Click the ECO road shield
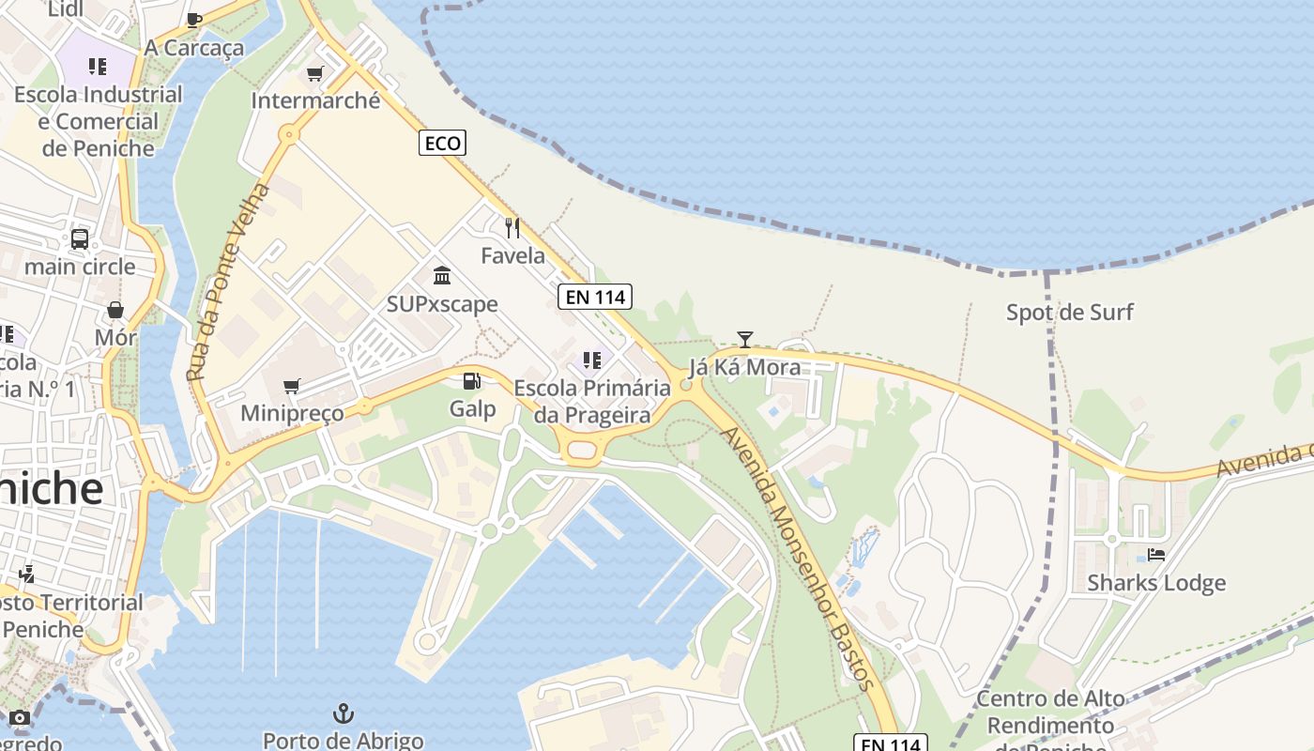[442, 143]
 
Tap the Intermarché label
[315, 100]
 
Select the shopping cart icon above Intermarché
[315, 73]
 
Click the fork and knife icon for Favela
[512, 227]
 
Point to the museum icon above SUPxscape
[442, 275]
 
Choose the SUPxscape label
[442, 304]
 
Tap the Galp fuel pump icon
[472, 380]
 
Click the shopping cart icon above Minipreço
[292, 386]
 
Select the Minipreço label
[292, 413]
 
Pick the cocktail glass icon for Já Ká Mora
[745, 339]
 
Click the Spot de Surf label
[1070, 312]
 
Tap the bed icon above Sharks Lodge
[1156, 555]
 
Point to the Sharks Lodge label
[1156, 583]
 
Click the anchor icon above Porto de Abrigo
[344, 713]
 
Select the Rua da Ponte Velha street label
[228, 282]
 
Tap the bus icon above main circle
[80, 238]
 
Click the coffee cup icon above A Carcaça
[194, 20]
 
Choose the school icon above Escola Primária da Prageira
[591, 360]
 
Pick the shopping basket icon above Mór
[115, 310]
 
